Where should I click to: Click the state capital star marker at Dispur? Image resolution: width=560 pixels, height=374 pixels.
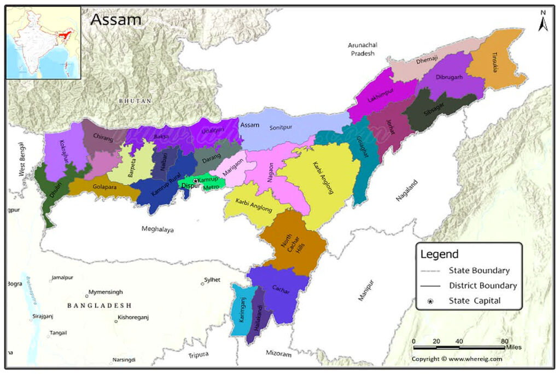(196, 181)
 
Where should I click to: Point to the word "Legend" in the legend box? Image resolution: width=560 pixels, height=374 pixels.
(439, 255)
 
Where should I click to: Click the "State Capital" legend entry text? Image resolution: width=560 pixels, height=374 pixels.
(474, 300)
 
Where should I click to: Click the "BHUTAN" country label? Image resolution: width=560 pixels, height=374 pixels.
(135, 101)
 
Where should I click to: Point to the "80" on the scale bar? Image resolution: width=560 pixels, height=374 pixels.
(505, 341)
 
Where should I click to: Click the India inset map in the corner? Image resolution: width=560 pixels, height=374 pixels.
(43, 43)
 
